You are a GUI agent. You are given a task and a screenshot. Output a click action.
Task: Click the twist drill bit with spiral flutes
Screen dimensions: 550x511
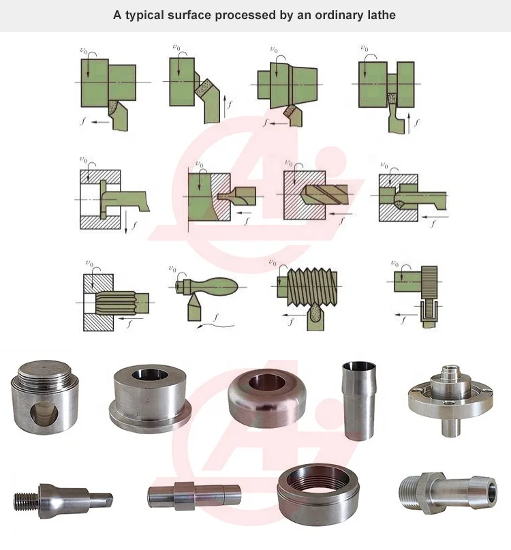coord(324,192)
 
